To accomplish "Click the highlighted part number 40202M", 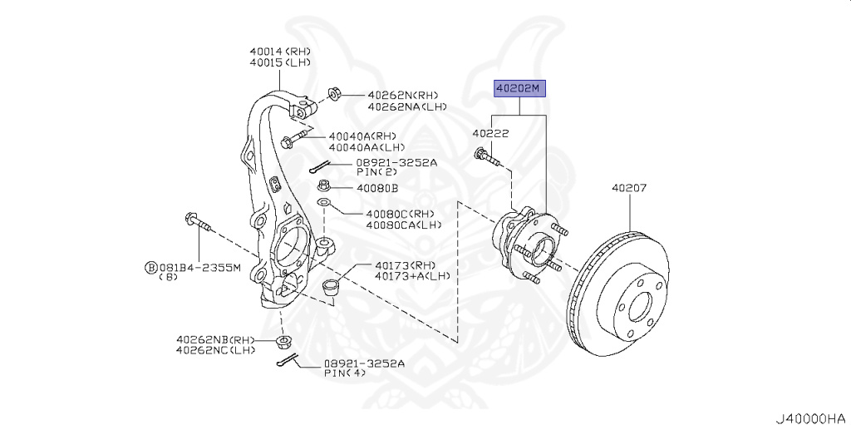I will [520, 87].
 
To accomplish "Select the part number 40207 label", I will [629, 189].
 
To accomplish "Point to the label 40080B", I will [378, 188].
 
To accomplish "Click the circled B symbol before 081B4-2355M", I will [150, 267].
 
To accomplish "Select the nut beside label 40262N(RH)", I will [334, 92].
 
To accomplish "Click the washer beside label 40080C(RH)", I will [324, 205].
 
